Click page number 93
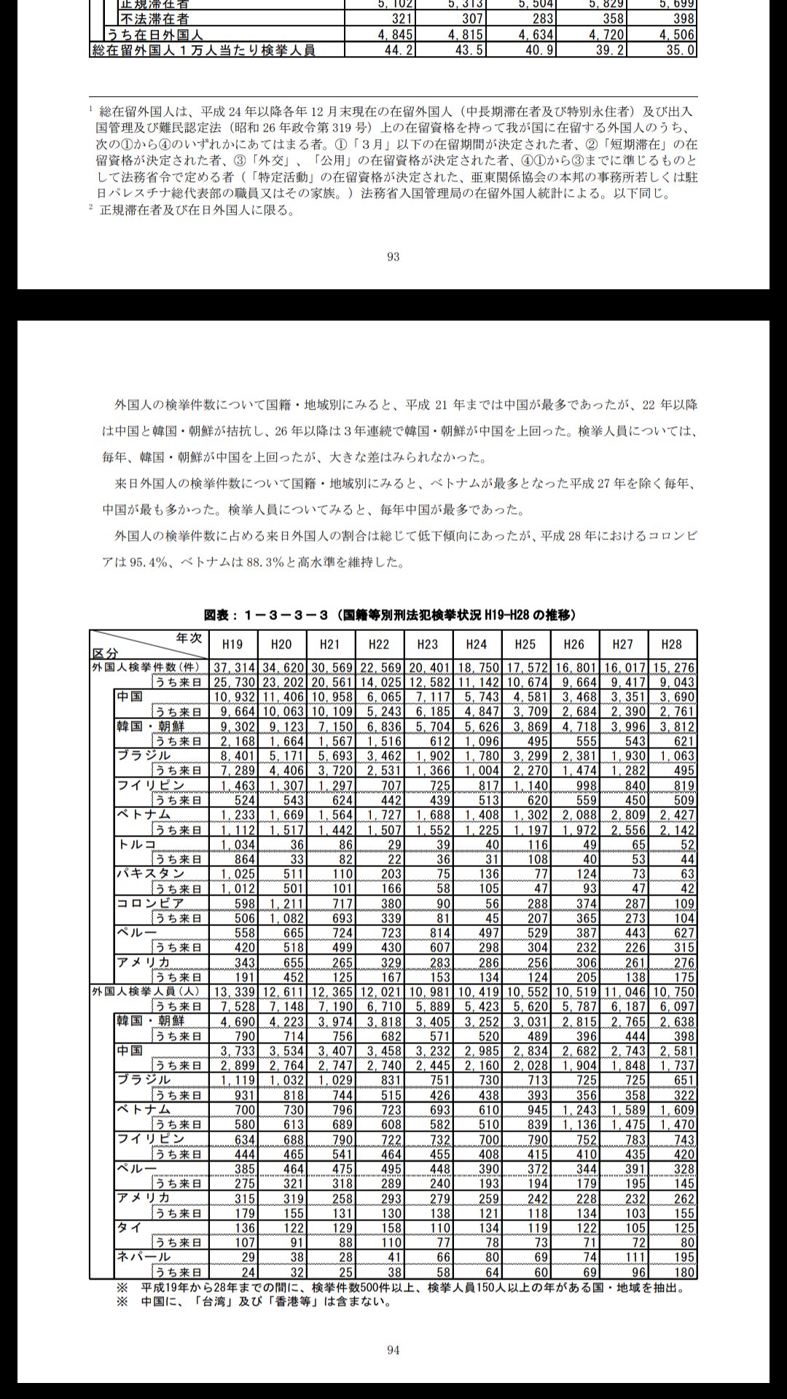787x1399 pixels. (x=393, y=256)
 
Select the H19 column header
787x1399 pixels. (x=232, y=644)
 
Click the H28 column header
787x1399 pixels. (x=671, y=644)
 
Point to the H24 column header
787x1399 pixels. (x=476, y=644)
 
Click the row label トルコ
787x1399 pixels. (x=137, y=844)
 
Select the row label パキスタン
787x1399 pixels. (x=151, y=874)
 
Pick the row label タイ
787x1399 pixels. (x=130, y=1228)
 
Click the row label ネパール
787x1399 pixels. (x=144, y=1257)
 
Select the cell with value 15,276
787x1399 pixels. (x=672, y=667)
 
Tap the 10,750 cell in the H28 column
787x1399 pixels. (x=672, y=992)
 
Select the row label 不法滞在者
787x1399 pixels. (x=154, y=19)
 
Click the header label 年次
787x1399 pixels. (x=189, y=638)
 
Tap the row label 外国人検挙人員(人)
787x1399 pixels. (x=146, y=992)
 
